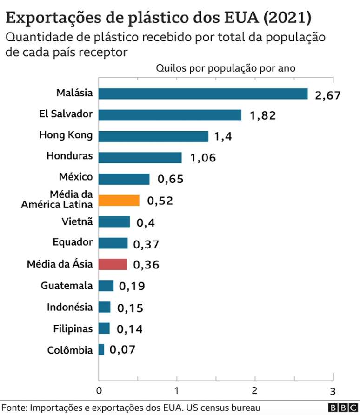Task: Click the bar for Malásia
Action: [x=203, y=94]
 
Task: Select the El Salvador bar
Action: [x=170, y=115]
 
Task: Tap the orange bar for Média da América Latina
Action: [x=119, y=200]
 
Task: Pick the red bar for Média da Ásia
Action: [x=113, y=264]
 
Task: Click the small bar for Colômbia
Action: [x=101, y=349]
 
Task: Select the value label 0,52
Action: [x=160, y=201]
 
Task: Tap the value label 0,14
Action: [x=129, y=329]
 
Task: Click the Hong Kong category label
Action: [x=66, y=135]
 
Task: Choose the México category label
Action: [x=76, y=177]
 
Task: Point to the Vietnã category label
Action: [x=77, y=221]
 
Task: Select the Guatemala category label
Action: [x=67, y=286]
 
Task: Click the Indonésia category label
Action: [x=70, y=307]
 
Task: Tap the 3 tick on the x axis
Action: [x=332, y=389]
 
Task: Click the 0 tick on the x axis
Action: [x=99, y=389]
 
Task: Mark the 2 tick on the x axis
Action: [x=254, y=389]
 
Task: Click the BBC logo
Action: [x=342, y=408]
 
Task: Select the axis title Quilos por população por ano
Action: [x=226, y=68]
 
